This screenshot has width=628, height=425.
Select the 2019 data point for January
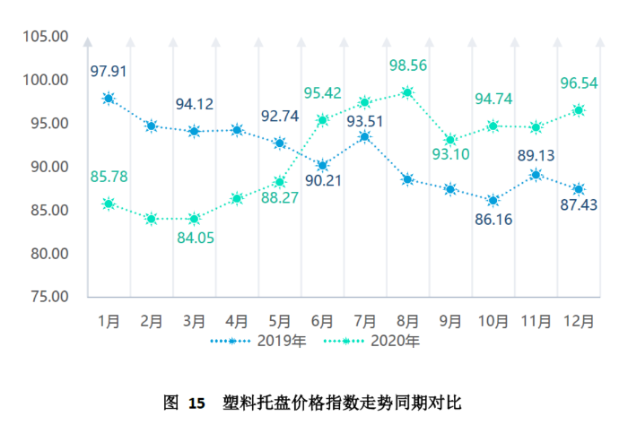pos(109,99)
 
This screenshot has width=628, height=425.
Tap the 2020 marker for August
pos(407,92)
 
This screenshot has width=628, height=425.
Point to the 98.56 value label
pos(407,65)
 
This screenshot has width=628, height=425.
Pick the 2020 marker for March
pos(194,219)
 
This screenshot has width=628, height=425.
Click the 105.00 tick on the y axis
pos(47,37)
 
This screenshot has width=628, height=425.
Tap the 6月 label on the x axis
pos(322,320)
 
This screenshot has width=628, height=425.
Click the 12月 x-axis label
pos(579,320)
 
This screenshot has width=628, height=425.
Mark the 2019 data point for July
pos(365,137)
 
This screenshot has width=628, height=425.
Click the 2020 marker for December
pos(579,110)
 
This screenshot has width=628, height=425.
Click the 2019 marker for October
pos(493,200)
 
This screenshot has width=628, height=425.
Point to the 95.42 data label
pos(322,93)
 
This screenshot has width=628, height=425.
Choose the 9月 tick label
pos(450,320)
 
